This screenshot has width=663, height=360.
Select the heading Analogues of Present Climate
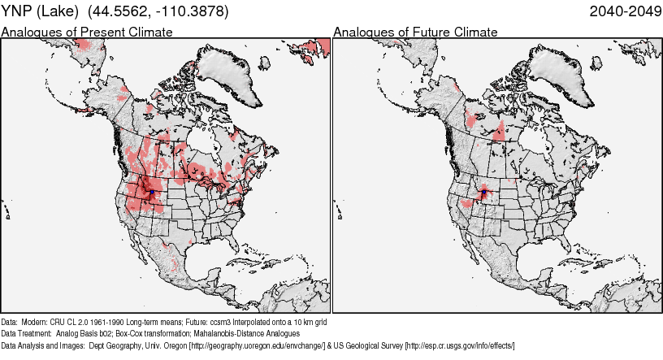click(x=87, y=33)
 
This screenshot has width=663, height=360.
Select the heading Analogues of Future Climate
click(x=415, y=33)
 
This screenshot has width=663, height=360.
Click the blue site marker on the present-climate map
click(x=151, y=193)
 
